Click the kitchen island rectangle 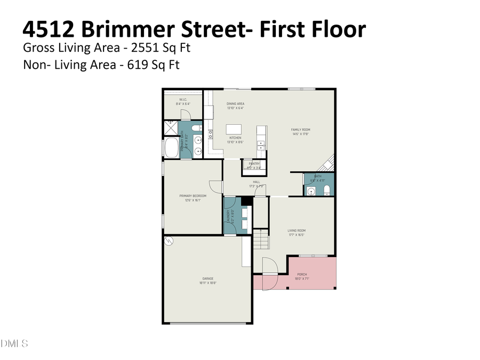click(x=234, y=130)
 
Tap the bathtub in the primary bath click(x=172, y=148)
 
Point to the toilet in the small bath click(x=327, y=190)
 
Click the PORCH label click(x=302, y=274)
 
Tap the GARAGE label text click(x=207, y=278)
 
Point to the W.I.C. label click(x=182, y=100)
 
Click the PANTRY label click(x=254, y=164)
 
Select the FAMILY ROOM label click(x=300, y=130)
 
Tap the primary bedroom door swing click(x=215, y=187)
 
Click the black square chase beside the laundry click(x=246, y=201)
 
